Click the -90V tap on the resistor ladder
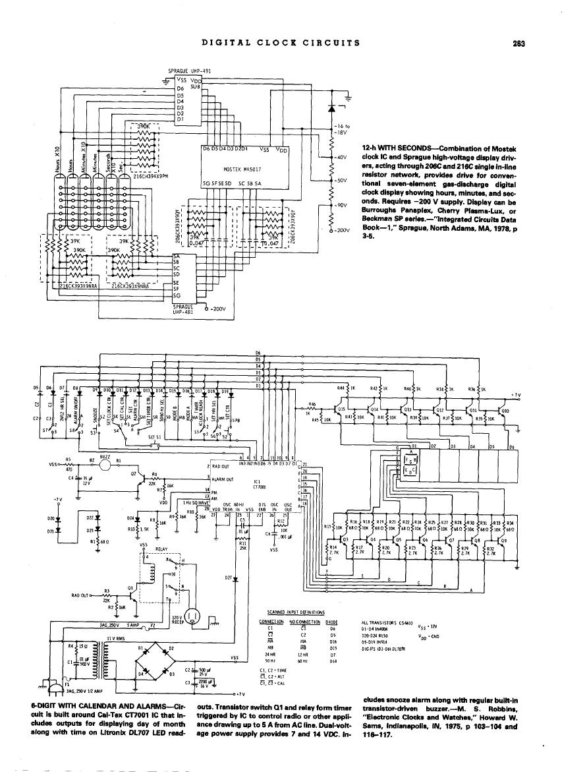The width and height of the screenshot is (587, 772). [340, 204]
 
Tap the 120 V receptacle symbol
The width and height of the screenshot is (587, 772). [194, 618]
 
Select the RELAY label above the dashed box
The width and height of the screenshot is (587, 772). [163, 548]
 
